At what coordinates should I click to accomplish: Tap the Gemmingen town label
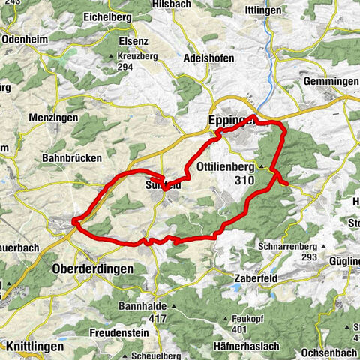(331, 81)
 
